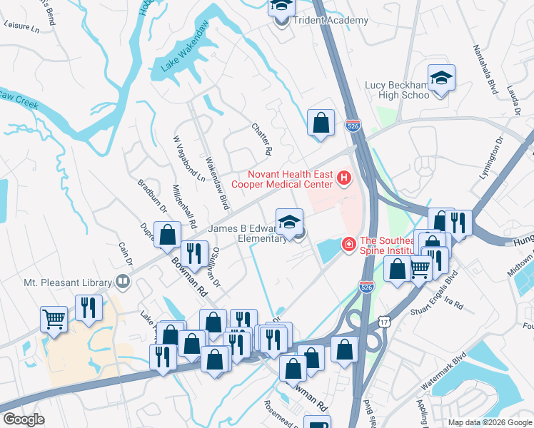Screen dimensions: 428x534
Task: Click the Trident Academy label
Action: click(x=328, y=21)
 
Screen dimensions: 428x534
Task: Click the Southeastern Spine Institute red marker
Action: click(x=348, y=245)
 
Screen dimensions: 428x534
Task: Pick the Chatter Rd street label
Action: click(x=262, y=139)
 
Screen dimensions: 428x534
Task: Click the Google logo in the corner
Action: click(x=23, y=419)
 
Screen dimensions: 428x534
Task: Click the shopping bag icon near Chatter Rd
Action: click(x=321, y=122)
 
